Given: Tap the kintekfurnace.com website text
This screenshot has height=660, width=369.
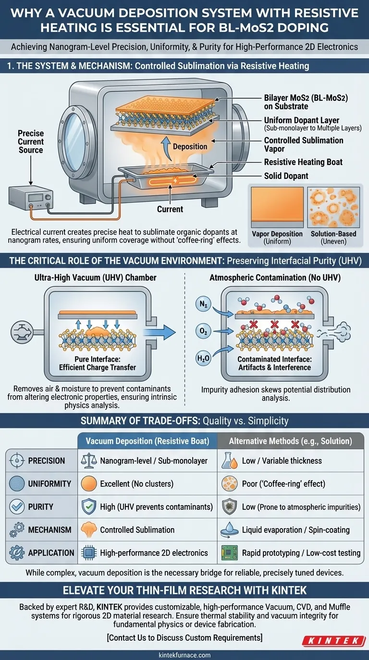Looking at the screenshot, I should click(x=184, y=655).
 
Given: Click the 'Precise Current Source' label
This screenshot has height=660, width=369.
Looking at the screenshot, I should click(x=31, y=142).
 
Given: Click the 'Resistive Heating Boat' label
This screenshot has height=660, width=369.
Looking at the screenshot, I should click(x=303, y=162).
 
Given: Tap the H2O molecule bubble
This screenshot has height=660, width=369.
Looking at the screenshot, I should click(x=203, y=358).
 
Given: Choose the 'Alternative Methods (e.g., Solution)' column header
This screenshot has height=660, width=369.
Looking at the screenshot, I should click(x=290, y=441).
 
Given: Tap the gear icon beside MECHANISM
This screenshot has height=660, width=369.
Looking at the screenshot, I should click(x=17, y=530).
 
